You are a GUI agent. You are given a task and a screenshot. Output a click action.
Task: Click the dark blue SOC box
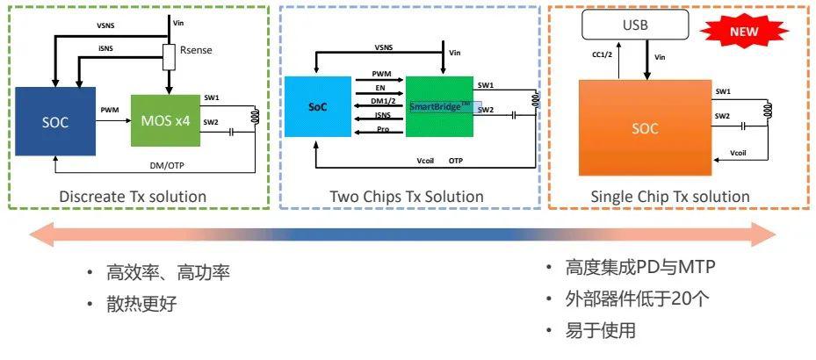click(54, 120)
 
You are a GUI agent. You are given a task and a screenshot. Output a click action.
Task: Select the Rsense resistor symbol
click(170, 59)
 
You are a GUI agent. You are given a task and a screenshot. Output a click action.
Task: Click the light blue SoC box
click(317, 107)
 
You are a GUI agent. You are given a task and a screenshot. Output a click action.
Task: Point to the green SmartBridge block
click(439, 106)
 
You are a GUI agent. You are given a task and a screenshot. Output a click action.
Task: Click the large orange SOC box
click(645, 127)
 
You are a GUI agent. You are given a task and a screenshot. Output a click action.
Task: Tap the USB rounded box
click(635, 25)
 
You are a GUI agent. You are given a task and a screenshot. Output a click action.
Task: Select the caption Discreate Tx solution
click(133, 196)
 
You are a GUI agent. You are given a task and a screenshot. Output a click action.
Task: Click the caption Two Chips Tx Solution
click(407, 196)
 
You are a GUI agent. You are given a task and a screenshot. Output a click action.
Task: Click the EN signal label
click(379, 89)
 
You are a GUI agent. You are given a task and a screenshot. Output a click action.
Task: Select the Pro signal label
click(379, 130)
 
